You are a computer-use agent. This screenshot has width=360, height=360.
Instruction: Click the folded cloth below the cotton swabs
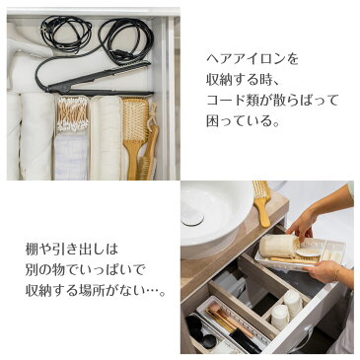71,155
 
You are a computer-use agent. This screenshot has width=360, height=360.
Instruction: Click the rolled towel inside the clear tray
278,245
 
